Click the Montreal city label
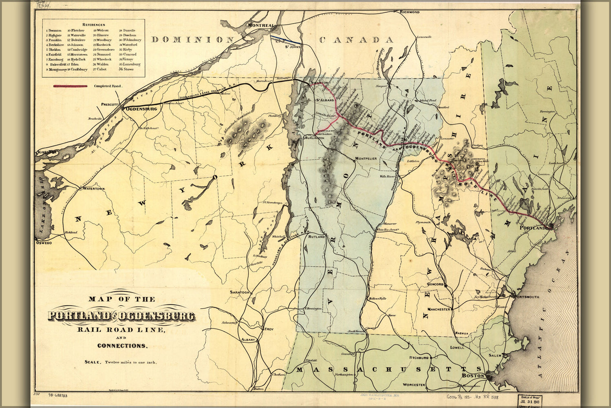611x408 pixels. click(261, 25)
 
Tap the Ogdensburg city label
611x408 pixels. click(142, 109)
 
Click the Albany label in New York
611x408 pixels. click(247, 339)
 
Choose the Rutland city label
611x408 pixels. click(316, 237)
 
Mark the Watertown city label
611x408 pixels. click(94, 189)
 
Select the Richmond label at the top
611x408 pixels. click(409, 12)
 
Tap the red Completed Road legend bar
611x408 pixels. click(70, 86)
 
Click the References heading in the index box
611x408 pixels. click(93, 25)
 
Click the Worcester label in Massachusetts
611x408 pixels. click(414, 385)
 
